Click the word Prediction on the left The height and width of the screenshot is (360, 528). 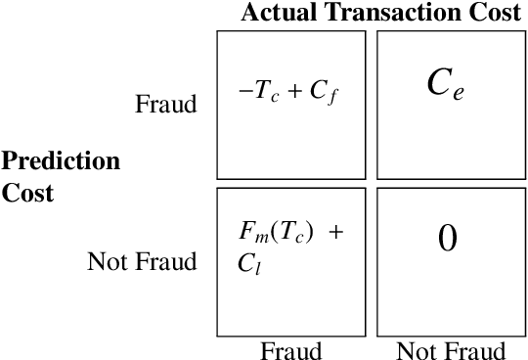tap(61, 160)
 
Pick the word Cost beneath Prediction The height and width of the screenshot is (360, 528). tap(27, 192)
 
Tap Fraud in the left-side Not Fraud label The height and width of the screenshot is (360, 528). tap(165, 261)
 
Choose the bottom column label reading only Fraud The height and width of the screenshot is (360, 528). tap(290, 350)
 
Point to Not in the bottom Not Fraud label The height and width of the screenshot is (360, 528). tap(416, 350)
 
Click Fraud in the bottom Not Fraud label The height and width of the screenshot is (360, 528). tap(473, 350)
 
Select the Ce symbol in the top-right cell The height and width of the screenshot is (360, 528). tap(446, 85)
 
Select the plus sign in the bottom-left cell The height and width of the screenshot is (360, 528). tap(337, 233)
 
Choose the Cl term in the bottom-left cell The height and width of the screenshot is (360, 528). tap(247, 261)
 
